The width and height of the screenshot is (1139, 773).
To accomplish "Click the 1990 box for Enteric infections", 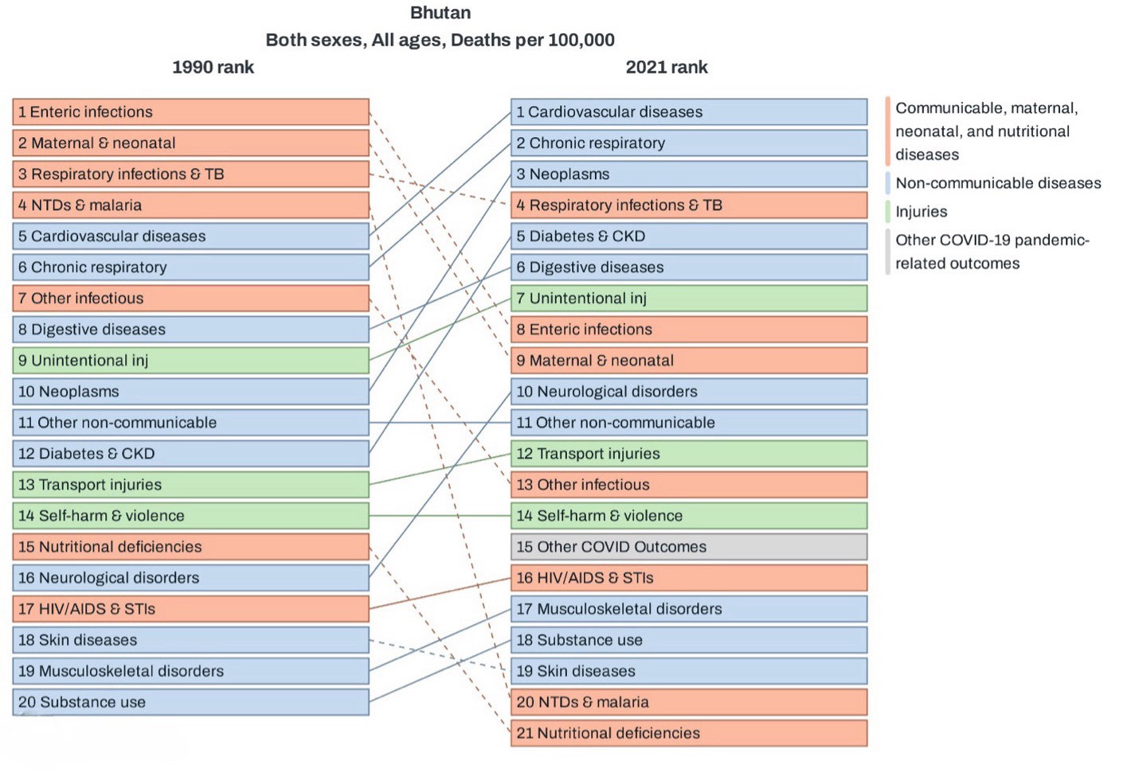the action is [x=190, y=111].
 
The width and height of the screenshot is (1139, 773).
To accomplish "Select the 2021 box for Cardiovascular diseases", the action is [x=689, y=111].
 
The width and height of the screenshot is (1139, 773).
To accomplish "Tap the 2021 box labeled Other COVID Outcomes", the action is [x=689, y=547].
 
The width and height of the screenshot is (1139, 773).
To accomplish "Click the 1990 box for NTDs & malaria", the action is [x=190, y=205].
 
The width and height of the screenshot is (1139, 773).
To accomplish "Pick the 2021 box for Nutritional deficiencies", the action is [x=689, y=733].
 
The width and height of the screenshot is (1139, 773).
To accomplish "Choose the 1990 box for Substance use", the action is [x=190, y=702].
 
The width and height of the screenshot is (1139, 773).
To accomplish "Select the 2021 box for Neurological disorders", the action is [x=689, y=392].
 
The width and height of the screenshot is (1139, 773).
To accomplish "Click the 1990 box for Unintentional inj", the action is [x=190, y=361].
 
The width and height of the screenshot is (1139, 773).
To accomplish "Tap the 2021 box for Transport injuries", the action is [x=689, y=454].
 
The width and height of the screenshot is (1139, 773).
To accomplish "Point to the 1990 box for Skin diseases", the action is [x=190, y=640].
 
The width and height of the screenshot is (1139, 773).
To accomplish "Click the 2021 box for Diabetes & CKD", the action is [x=689, y=236].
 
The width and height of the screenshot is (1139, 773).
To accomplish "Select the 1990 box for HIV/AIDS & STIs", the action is [x=190, y=609].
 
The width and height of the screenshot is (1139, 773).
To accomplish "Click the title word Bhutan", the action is [x=440, y=13].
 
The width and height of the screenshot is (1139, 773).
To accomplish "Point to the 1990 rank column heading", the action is [x=213, y=67].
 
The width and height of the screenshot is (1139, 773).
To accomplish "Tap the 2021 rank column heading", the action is [x=667, y=67].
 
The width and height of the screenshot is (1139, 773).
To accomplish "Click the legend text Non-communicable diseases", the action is [x=998, y=183].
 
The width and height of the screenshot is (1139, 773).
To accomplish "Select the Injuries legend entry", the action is [x=921, y=212].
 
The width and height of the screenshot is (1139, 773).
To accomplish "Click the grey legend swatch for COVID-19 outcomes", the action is [x=888, y=252].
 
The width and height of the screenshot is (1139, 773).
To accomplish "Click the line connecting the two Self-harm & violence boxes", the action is [x=440, y=516].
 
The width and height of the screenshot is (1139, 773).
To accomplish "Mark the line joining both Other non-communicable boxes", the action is [x=440, y=423].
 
